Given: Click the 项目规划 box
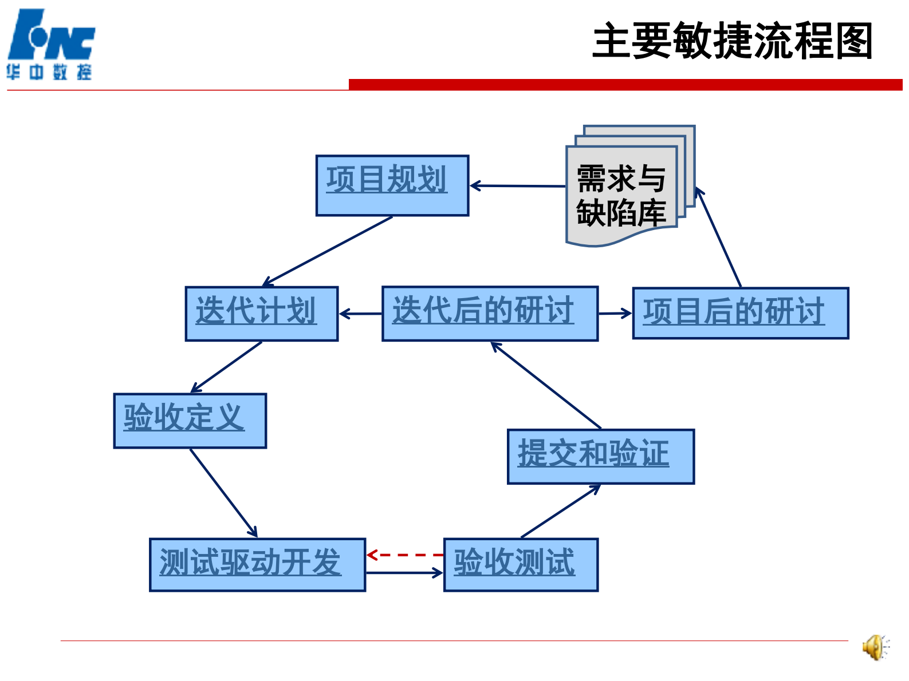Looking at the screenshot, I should [392, 185].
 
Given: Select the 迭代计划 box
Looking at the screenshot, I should [262, 314].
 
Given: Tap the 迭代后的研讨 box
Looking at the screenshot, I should [490, 314].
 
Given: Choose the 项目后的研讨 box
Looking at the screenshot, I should [740, 314].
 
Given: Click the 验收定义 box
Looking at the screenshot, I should [190, 421].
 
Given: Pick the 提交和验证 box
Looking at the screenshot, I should [600, 456].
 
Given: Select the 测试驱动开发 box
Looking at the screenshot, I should [257, 564].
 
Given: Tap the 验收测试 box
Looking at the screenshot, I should [521, 564].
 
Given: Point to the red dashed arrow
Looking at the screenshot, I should [405, 555].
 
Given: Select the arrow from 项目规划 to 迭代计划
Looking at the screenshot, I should [328, 251].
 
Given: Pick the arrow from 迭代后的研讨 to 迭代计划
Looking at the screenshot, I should [360, 314].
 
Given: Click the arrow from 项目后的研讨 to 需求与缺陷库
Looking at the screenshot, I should [719, 238].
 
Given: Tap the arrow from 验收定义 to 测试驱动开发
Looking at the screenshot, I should [223, 493].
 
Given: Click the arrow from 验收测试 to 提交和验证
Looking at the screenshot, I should [561, 511].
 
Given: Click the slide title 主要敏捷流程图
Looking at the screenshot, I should [732, 41].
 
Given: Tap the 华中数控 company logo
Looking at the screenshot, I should [50, 45].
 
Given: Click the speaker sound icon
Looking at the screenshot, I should [875, 647].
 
